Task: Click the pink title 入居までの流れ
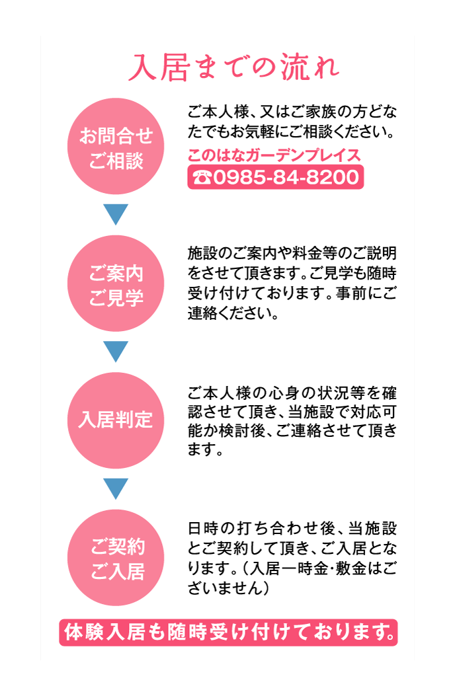pyautogui.click(x=233, y=67)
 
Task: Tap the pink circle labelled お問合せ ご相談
pyautogui.click(x=116, y=146)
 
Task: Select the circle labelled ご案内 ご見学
pyautogui.click(x=116, y=284)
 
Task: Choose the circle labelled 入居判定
pyautogui.click(x=116, y=420)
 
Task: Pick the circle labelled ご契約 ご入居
pyautogui.click(x=116, y=557)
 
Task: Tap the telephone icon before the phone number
pyautogui.click(x=202, y=177)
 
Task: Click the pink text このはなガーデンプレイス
pyautogui.click(x=274, y=155)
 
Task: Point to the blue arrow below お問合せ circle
pyautogui.click(x=116, y=214)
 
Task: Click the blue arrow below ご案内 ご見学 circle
pyautogui.click(x=116, y=352)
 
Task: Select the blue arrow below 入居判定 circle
pyautogui.click(x=116, y=488)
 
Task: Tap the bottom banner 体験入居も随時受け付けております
pyautogui.click(x=228, y=633)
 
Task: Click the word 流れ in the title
pyautogui.click(x=310, y=67)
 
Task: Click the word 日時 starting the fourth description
pyautogui.click(x=204, y=528)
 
